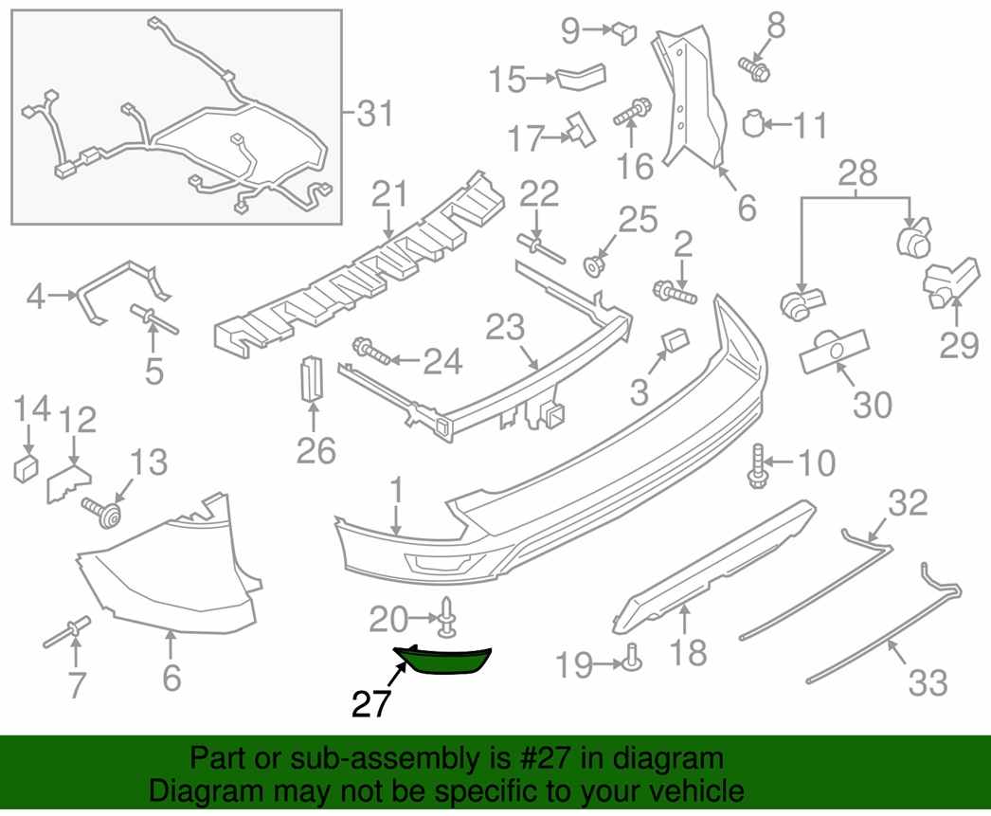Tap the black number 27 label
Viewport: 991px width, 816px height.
click(x=371, y=704)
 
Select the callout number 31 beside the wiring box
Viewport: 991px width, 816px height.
click(x=375, y=114)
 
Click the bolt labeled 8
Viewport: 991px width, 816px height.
click(x=753, y=68)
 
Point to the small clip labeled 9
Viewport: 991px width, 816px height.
click(x=624, y=32)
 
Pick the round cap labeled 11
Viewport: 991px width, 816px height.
click(x=753, y=122)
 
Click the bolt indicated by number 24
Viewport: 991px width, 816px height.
click(x=372, y=352)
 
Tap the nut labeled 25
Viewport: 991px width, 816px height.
click(x=593, y=266)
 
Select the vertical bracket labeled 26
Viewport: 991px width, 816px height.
click(x=312, y=378)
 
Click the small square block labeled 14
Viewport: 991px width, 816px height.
click(x=26, y=468)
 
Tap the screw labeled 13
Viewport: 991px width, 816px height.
click(x=102, y=513)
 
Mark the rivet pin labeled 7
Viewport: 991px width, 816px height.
click(x=67, y=632)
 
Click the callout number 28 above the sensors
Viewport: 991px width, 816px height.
click(x=857, y=172)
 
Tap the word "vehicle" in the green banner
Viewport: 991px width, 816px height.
click(x=694, y=790)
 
